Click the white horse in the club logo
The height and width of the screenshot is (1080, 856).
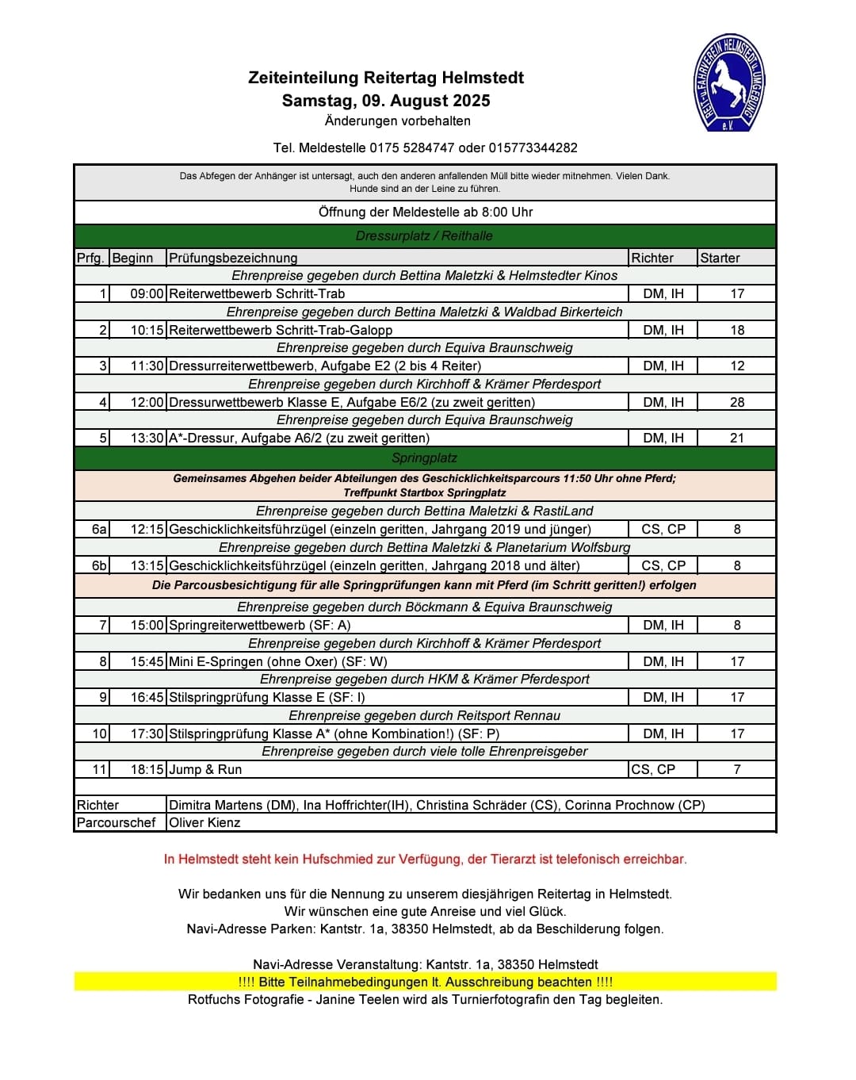(727, 82)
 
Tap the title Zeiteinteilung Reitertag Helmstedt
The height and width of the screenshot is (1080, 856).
(386, 78)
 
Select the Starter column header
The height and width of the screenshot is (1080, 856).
(720, 258)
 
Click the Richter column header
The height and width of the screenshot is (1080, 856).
(652, 258)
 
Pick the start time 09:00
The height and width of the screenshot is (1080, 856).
(147, 293)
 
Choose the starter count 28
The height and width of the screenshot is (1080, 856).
(737, 402)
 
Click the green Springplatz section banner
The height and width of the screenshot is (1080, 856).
(424, 458)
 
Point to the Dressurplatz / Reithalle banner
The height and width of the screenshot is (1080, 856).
(424, 236)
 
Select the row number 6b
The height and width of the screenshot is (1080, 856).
(99, 565)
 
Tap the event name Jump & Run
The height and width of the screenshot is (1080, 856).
(205, 769)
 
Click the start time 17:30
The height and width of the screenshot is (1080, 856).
(147, 733)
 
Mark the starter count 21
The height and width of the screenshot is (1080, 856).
(737, 438)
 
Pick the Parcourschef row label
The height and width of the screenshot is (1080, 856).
(116, 822)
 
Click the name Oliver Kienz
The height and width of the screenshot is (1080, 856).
(204, 822)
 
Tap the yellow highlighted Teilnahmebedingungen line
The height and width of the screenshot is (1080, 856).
(425, 982)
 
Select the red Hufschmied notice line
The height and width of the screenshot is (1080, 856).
(425, 859)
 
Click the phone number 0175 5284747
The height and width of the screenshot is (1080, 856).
(412, 147)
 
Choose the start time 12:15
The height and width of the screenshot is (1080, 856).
(147, 529)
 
